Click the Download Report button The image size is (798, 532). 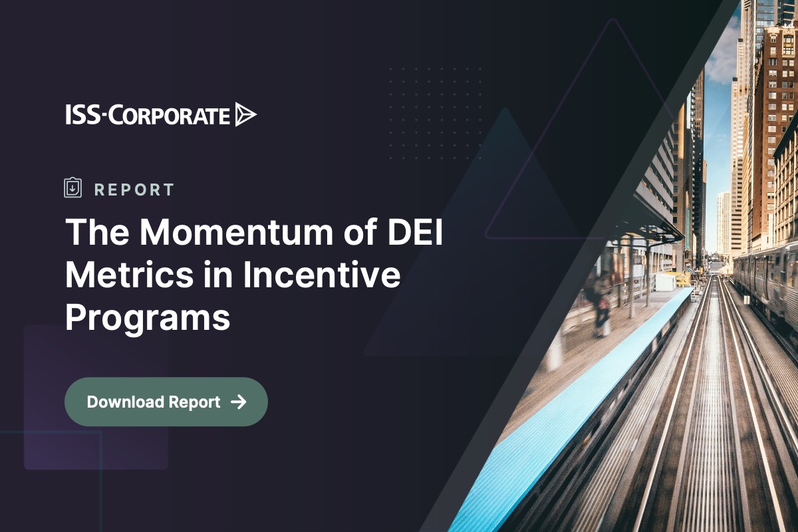[x=166, y=402]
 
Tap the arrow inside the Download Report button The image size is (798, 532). [x=238, y=402]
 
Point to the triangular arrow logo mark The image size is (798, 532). [x=245, y=115]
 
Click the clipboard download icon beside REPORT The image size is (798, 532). [x=72, y=188]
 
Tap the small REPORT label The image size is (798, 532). [x=134, y=190]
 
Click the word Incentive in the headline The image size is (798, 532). [x=321, y=275]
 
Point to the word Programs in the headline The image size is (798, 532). [x=147, y=318]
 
